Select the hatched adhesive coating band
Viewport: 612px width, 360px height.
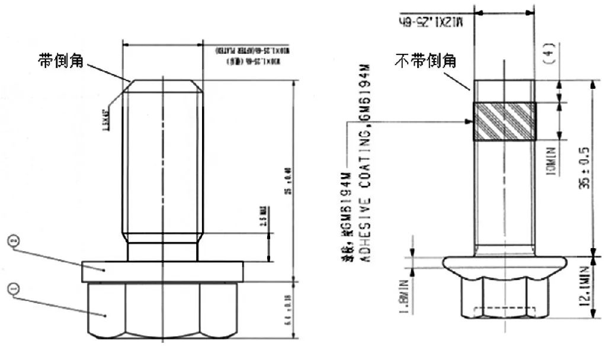click(x=504, y=121)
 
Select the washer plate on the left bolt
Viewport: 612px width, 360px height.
click(x=162, y=272)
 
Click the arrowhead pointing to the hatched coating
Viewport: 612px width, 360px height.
click(x=469, y=121)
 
